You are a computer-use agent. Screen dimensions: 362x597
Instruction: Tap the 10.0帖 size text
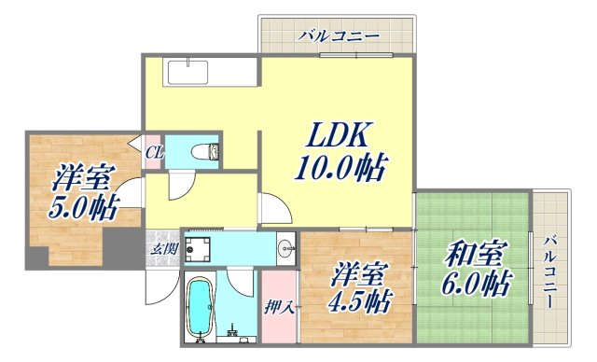tap(341, 170)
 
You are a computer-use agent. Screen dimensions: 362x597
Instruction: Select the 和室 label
tap(476, 253)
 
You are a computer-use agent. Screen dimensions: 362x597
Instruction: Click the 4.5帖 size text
tap(359, 302)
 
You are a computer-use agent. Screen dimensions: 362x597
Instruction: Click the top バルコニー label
tap(340, 36)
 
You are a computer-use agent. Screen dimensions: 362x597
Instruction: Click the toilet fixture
tap(202, 152)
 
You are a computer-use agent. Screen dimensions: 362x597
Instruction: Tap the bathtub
tap(201, 309)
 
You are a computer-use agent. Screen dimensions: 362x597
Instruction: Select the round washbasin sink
tap(285, 247)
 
